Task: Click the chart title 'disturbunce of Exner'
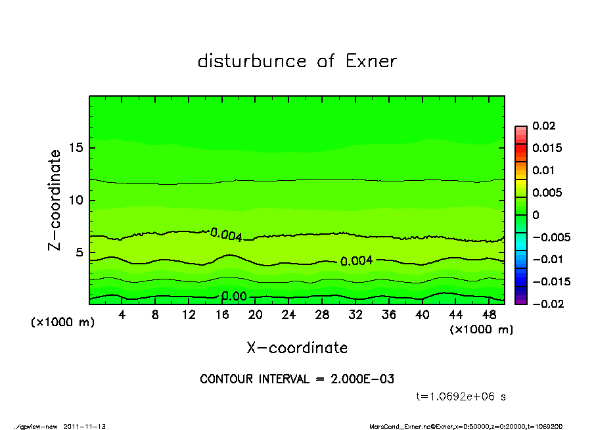297,61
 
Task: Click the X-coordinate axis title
297,347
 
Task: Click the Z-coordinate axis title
55,200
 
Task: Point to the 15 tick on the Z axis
76,148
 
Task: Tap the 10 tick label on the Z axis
76,200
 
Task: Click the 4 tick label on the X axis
122,314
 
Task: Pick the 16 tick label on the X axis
222,314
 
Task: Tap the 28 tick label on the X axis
322,314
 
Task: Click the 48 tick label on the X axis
489,314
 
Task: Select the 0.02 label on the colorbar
545,126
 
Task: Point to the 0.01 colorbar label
545,170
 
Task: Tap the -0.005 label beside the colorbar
551,237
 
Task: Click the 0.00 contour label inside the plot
233,297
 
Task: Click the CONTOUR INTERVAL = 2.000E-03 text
297,379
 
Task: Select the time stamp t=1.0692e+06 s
461,396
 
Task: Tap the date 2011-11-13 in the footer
85,426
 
